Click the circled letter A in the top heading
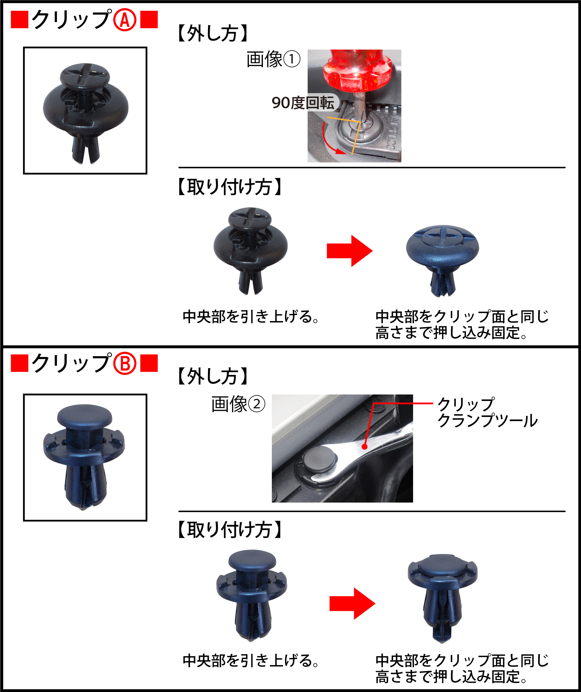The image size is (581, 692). click(125, 20)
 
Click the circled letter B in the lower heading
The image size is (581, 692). click(125, 363)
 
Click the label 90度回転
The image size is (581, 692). click(303, 103)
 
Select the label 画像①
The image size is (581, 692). click(273, 59)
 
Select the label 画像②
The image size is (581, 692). click(238, 404)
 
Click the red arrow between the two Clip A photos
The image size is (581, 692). click(349, 251)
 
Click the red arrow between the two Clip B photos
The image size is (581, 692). click(352, 603)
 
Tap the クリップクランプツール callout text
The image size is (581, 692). click(487, 412)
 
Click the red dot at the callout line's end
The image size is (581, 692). click(364, 447)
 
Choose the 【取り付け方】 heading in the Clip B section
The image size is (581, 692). click(229, 530)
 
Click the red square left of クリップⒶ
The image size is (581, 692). click(19, 19)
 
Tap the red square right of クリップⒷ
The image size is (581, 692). click(149, 363)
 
